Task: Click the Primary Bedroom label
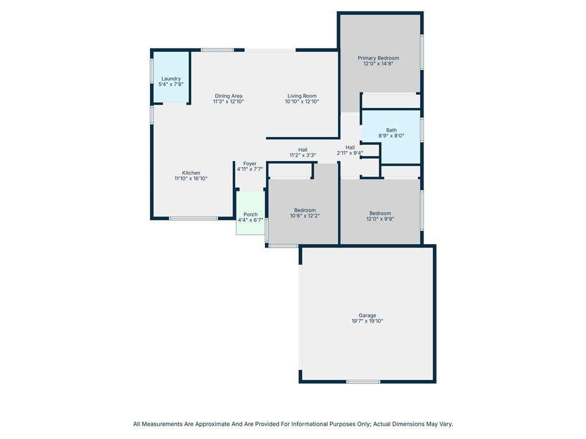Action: pos(378,58)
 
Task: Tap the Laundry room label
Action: pos(171,79)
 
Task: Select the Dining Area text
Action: pos(228,96)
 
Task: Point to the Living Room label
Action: pos(302,96)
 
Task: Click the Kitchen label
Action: pos(191,173)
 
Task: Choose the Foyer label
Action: pos(250,163)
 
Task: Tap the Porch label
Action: pos(251,214)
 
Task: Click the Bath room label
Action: pos(391,130)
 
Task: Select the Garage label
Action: pos(367,316)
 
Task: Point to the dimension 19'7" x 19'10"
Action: pos(367,321)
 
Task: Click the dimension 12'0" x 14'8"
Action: pos(378,63)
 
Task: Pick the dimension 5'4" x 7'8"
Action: pos(171,85)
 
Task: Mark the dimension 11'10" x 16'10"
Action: pos(191,178)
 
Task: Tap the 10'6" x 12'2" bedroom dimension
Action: pos(305,215)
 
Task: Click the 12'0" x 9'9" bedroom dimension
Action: pos(380,219)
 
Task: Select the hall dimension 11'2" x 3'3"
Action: pos(303,155)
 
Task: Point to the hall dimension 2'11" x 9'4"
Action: pos(350,153)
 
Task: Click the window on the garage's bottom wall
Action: pos(363,381)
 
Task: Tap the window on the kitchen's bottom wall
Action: pos(193,218)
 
